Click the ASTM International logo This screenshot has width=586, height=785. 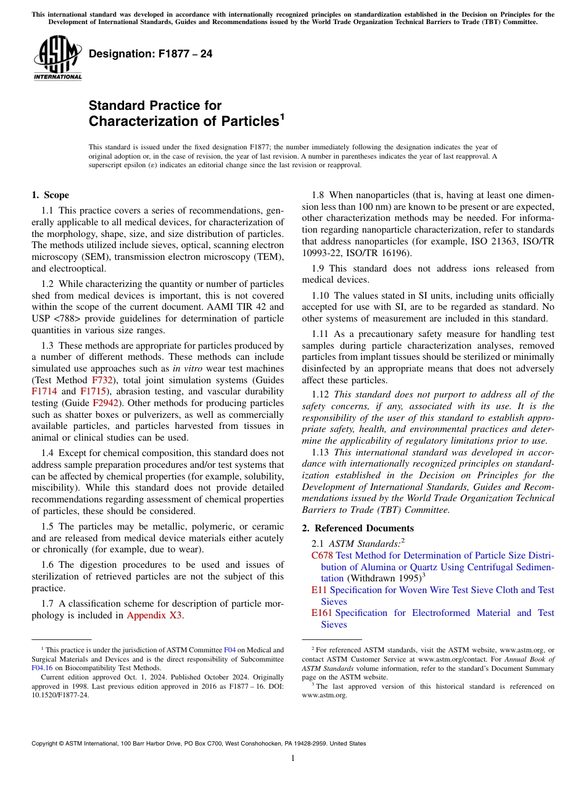pos(57,58)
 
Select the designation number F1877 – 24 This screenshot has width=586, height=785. pos(151,54)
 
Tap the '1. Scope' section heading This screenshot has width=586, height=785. pos(50,195)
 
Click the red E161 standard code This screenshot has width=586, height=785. pos(322,613)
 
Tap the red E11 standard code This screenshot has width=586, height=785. pos(319,590)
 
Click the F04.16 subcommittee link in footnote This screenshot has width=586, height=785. pos(42,667)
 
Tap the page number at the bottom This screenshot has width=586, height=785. pos(292,758)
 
